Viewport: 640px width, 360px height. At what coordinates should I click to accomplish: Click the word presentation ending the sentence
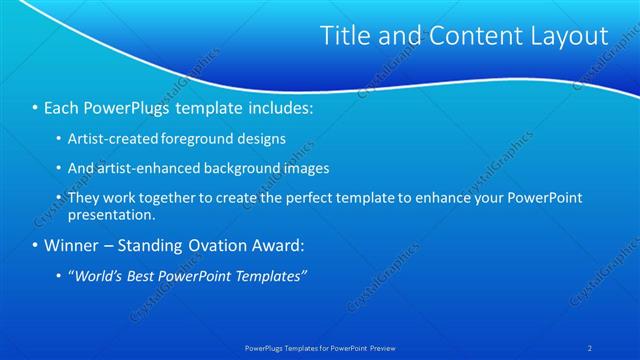click(x=110, y=214)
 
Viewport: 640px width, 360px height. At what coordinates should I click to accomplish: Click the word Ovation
click(x=225, y=245)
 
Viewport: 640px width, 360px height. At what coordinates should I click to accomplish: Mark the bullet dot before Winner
click(x=36, y=245)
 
